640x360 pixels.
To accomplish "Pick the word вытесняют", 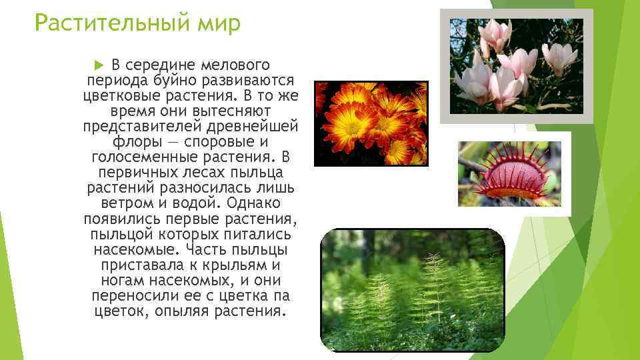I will (x=227, y=111).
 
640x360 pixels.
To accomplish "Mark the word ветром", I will (x=127, y=203).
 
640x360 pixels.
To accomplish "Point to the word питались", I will (x=255, y=234).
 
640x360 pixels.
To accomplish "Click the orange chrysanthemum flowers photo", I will (x=371, y=123).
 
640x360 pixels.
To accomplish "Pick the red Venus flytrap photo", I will (x=514, y=175).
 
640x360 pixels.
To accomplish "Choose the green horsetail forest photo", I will (x=413, y=289).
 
